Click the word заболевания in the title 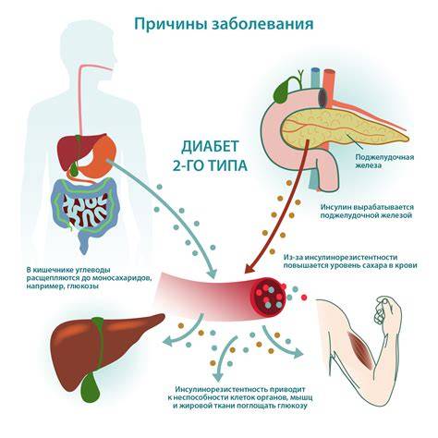click(262, 23)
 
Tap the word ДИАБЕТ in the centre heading click(210, 147)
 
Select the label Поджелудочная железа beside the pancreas click(384, 161)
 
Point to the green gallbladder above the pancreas click(282, 90)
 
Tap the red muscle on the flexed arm click(359, 350)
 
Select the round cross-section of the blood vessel click(269, 298)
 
